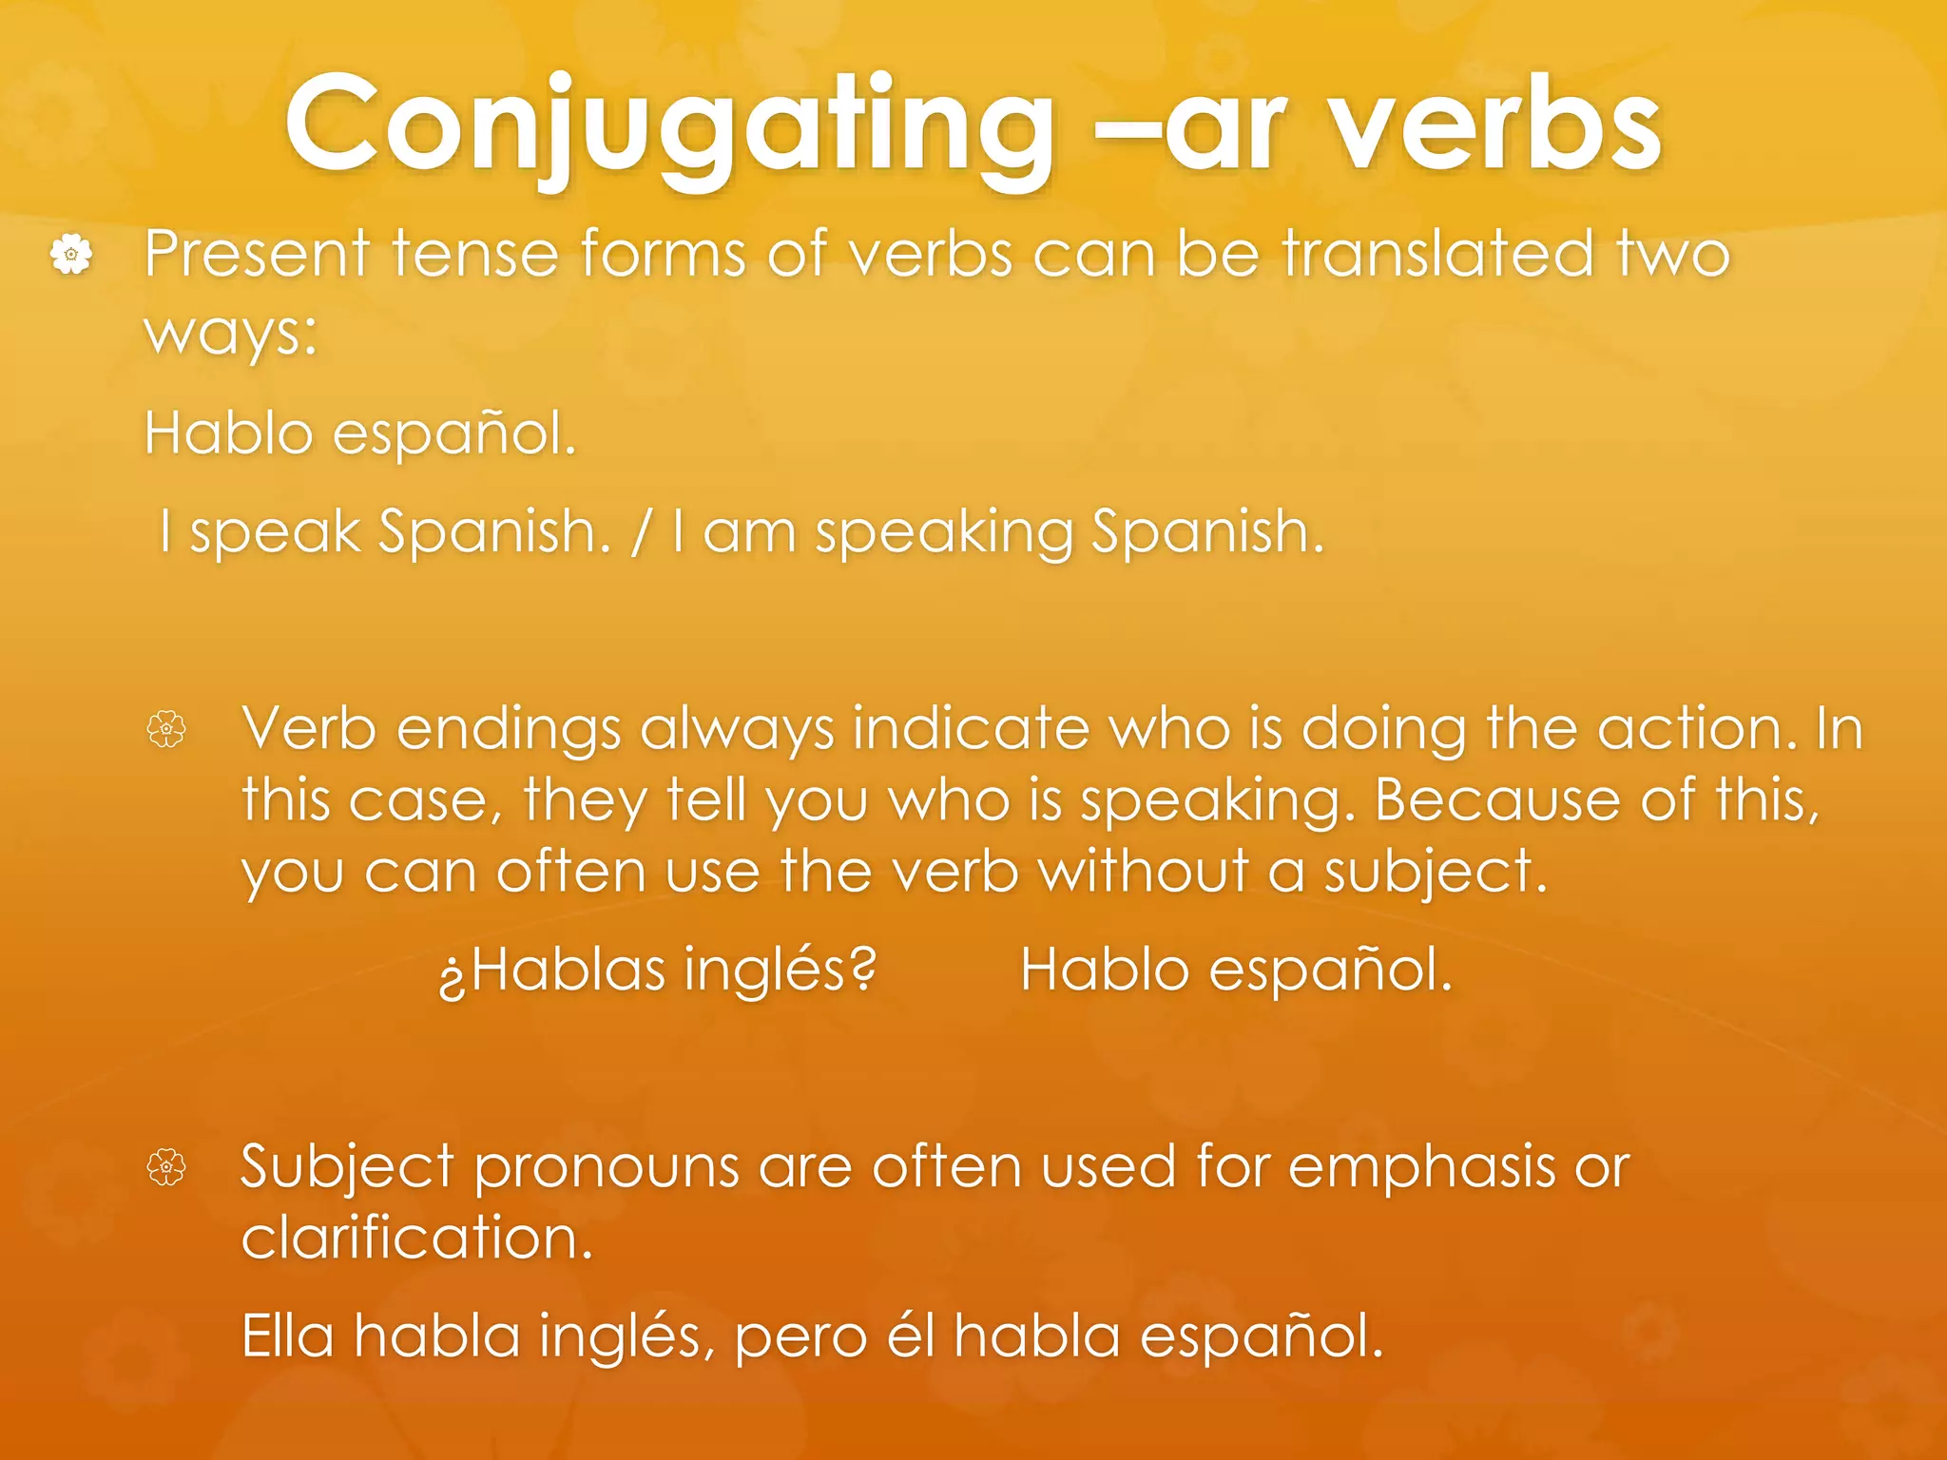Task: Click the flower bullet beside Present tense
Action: (71, 255)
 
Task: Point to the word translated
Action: (1437, 254)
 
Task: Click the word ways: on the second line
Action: (230, 334)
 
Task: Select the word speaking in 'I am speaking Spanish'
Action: (943, 533)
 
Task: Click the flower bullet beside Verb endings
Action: (166, 730)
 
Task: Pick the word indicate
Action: (971, 729)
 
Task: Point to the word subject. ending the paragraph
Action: (1436, 873)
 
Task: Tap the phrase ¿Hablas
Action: (551, 971)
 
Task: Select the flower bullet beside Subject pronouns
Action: (166, 1167)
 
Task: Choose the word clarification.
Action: (416, 1239)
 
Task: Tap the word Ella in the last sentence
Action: (287, 1336)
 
